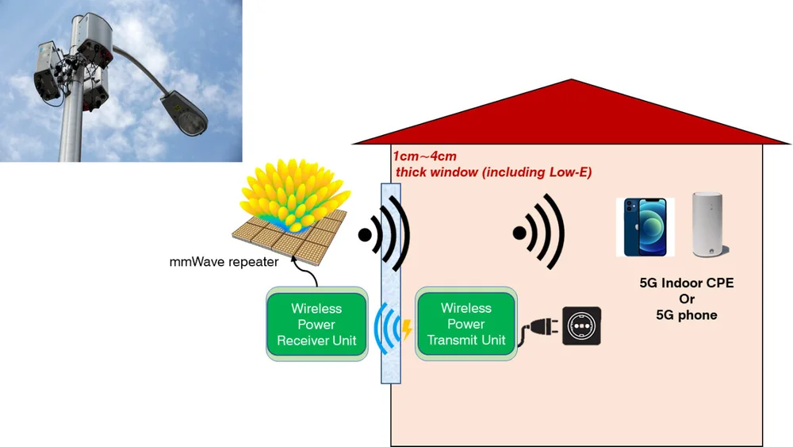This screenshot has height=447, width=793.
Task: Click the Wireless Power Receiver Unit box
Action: point(316,325)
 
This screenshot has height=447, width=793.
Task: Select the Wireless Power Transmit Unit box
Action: point(465,324)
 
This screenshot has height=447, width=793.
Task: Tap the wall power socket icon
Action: point(581,326)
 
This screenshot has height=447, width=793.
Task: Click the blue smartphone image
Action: point(645,226)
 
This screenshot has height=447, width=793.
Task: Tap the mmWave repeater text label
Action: point(224,261)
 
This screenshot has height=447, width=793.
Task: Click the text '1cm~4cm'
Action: point(425,156)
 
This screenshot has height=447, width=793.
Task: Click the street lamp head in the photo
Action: point(186,114)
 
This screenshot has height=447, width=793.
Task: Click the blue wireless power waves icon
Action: point(388,328)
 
